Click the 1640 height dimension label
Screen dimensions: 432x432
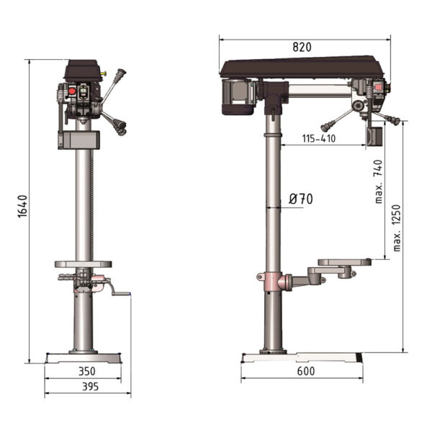(22, 207)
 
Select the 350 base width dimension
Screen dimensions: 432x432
(87, 371)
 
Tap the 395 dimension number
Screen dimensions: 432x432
(91, 387)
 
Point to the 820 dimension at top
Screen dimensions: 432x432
(302, 47)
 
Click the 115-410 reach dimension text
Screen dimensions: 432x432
(319, 138)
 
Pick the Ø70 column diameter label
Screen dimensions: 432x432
(301, 199)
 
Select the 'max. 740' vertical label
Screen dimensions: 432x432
(379, 181)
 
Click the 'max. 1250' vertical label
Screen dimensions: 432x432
(397, 228)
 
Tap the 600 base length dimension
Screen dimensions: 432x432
(306, 371)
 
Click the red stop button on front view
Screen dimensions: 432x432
(72, 91)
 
